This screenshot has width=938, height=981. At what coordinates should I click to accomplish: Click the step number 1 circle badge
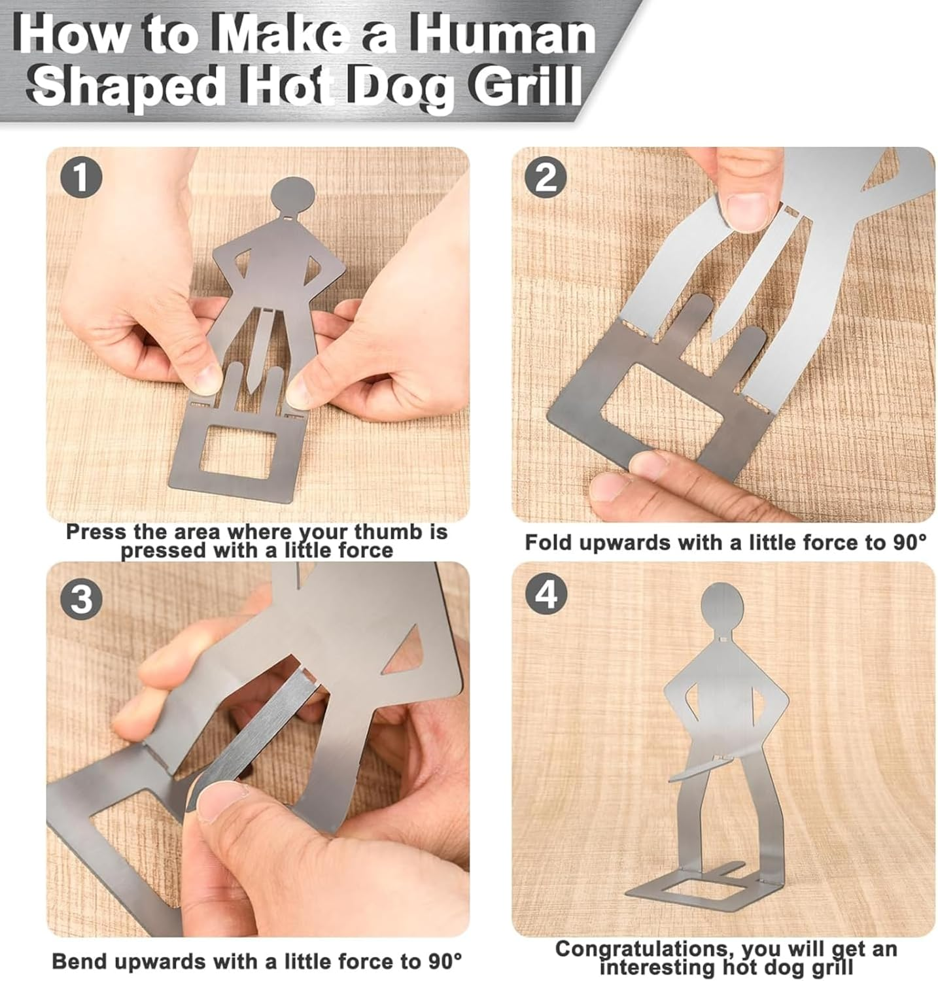[80, 178]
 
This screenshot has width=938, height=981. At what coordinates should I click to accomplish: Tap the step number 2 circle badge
[546, 178]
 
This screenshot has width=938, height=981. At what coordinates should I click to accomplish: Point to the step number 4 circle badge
[546, 594]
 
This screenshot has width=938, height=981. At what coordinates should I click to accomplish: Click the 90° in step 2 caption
[910, 542]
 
